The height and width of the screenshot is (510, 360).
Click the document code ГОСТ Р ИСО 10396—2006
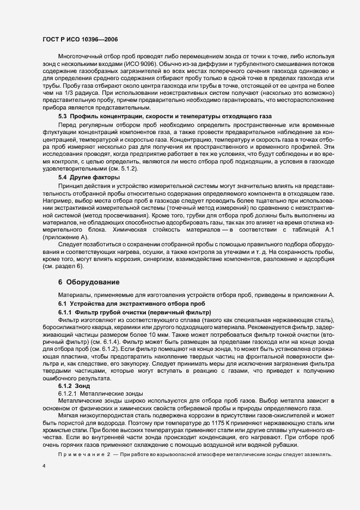click(x=80, y=39)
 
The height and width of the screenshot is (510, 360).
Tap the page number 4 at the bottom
click(x=44, y=466)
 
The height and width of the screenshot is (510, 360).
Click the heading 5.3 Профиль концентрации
click(x=154, y=132)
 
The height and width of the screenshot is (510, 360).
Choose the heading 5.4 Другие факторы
click(x=88, y=178)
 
